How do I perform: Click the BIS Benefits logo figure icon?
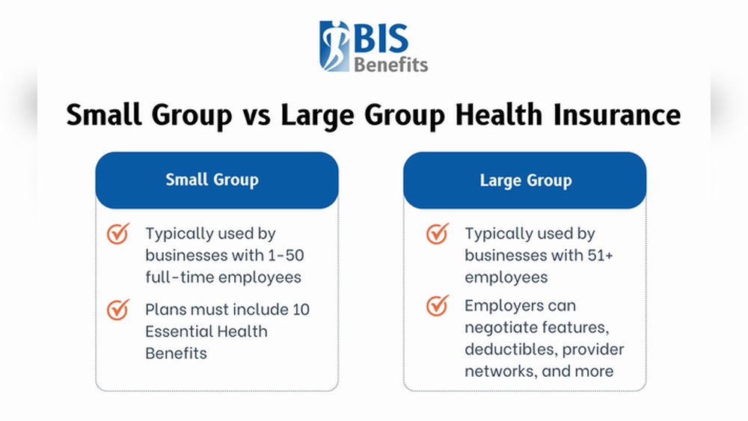pos(334,46)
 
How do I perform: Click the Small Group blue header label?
pos(212,179)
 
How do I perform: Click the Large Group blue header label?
pos(526,180)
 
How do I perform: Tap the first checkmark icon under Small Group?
pos(118,233)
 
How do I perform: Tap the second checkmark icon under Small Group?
pos(118,309)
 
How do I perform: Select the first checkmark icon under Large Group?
pos(438,233)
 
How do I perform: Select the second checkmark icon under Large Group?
pos(438,305)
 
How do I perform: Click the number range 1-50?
pos(286,255)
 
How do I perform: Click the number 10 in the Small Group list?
pos(301,309)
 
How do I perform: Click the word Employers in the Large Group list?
pos(499,305)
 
